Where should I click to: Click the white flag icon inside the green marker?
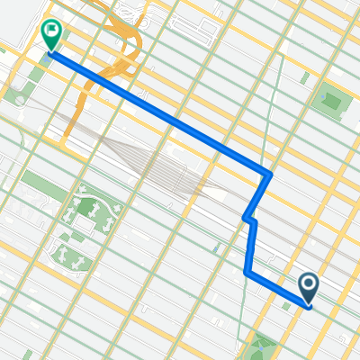click(x=50, y=33)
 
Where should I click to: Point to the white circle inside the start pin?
click(x=309, y=286)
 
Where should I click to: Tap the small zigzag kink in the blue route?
click(x=249, y=219)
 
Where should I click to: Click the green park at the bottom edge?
click(x=265, y=346)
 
